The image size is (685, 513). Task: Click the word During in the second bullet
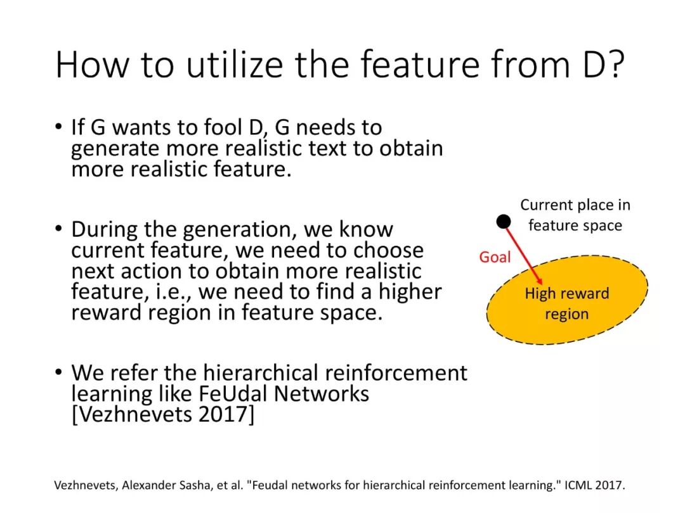click(x=105, y=229)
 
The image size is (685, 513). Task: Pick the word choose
click(x=388, y=250)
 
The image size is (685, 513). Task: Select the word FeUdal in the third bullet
click(x=232, y=393)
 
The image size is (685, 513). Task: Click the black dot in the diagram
click(x=503, y=222)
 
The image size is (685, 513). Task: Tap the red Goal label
click(x=495, y=257)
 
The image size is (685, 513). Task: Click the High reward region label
click(x=566, y=303)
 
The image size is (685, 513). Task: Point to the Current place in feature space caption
click(x=575, y=215)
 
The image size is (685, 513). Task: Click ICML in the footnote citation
click(x=578, y=485)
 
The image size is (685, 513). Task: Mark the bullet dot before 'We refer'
click(x=59, y=372)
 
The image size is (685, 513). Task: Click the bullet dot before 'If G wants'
click(x=59, y=127)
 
